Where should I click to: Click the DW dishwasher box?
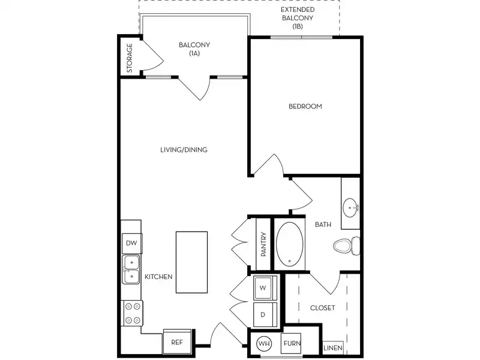131,244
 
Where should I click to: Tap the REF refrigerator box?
177,343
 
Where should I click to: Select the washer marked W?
263,287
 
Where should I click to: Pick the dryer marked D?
263,314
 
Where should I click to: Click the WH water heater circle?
263,344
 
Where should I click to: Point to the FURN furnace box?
292,344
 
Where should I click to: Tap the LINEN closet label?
333,348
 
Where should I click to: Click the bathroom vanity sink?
350,208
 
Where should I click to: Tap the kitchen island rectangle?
191,262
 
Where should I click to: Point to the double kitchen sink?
131,268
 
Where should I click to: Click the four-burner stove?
132,313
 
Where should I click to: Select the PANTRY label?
263,245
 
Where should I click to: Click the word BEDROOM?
305,106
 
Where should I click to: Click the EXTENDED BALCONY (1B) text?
298,19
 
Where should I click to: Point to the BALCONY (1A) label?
194,49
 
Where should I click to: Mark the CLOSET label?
322,308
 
